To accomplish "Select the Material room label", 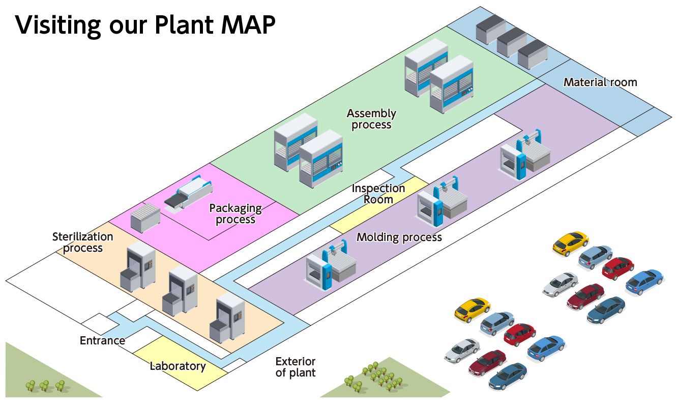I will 600,82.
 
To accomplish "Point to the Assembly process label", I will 371,119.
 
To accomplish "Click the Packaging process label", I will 235,214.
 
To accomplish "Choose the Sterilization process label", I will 82,243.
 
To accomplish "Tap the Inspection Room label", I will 378,194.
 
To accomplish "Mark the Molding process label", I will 399,237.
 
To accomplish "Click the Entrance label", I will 102,340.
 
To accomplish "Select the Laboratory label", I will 178,366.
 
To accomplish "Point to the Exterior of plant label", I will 296,367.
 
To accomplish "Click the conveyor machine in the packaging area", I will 188,193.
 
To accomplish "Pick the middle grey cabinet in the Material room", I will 512,42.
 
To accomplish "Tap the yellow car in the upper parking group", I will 570,243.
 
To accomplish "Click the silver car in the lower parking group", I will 462,351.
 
